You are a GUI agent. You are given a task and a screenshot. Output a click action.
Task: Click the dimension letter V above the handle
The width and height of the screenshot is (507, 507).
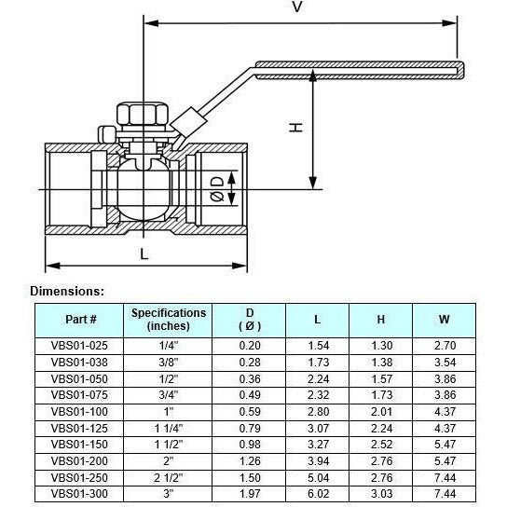click(x=297, y=8)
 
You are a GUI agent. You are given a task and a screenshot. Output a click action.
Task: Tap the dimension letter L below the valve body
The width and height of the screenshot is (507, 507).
click(x=144, y=253)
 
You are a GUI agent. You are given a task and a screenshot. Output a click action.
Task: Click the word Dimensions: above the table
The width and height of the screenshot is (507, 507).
click(x=67, y=291)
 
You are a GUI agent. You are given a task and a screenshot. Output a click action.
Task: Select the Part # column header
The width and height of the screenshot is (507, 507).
click(x=81, y=320)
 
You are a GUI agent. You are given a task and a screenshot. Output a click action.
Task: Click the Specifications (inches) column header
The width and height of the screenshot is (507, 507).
click(x=169, y=320)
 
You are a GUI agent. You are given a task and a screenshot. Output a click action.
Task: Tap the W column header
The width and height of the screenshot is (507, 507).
click(x=444, y=320)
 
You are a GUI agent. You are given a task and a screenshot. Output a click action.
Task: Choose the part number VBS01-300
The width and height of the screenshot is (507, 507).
click(x=81, y=493)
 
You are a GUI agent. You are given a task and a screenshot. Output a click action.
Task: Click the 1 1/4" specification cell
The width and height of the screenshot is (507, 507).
click(x=169, y=427)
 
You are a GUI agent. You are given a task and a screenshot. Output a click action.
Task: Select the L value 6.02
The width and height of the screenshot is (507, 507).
click(x=317, y=493)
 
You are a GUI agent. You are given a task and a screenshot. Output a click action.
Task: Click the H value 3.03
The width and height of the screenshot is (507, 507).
click(x=380, y=493)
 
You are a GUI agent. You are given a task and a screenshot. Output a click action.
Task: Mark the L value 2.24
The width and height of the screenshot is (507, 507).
click(x=317, y=377)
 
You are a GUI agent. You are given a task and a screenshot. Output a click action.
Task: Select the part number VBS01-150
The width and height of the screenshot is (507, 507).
click(x=81, y=444)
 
